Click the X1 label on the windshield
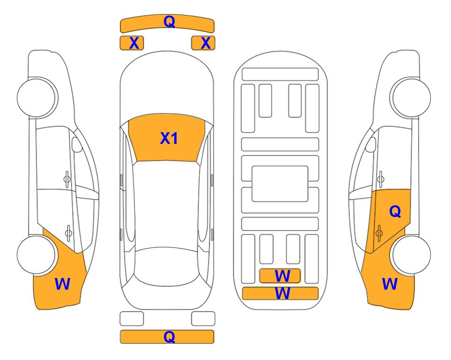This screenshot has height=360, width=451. click(169, 138)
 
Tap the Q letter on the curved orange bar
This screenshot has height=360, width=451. click(170, 21)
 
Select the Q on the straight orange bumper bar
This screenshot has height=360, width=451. click(170, 337)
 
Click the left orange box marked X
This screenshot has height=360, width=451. click(132, 43)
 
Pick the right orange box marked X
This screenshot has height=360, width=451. click(203, 43)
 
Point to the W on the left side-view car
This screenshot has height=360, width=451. click(62, 284)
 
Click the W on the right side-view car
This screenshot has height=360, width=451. click(390, 284)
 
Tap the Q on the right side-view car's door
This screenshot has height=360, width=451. click(395, 212)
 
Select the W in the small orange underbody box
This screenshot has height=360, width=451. click(282, 276)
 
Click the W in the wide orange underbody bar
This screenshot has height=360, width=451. click(282, 293)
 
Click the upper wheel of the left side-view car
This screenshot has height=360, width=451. click(37, 98)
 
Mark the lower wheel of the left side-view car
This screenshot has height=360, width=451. click(37, 255)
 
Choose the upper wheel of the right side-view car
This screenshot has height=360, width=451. click(411, 98)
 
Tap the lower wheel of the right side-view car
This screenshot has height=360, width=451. click(411, 255)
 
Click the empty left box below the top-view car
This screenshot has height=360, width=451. click(132, 319)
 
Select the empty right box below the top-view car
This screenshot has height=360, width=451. click(203, 319)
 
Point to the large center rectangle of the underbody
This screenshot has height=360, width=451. click(280, 184)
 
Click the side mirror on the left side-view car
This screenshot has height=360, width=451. click(76, 144)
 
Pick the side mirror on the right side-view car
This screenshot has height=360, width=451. click(371, 144)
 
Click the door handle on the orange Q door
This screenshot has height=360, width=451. click(379, 233)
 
